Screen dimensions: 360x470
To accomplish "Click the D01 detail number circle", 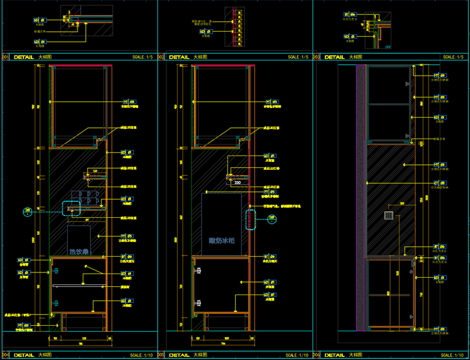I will coord(5,57).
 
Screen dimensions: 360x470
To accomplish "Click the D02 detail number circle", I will coord(161,57).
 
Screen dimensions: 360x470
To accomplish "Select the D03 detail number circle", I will coord(316,57).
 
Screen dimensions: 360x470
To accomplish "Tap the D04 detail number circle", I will coord(5,355).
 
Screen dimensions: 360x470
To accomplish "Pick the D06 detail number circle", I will coord(316,355).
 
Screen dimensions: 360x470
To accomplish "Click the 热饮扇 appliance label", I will coord(79,252).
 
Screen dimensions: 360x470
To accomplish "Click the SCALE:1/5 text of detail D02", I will coord(298,57).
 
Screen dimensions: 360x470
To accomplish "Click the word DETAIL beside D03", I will coord(334,57).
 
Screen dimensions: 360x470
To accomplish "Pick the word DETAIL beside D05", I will coord(179,355).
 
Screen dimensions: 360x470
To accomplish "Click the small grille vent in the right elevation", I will coord(388,216).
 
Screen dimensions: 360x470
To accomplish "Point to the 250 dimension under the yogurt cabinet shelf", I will coord(237,182).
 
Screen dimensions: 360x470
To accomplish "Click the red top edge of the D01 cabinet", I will coord(79,65).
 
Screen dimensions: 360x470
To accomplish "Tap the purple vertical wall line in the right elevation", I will coord(365,198).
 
